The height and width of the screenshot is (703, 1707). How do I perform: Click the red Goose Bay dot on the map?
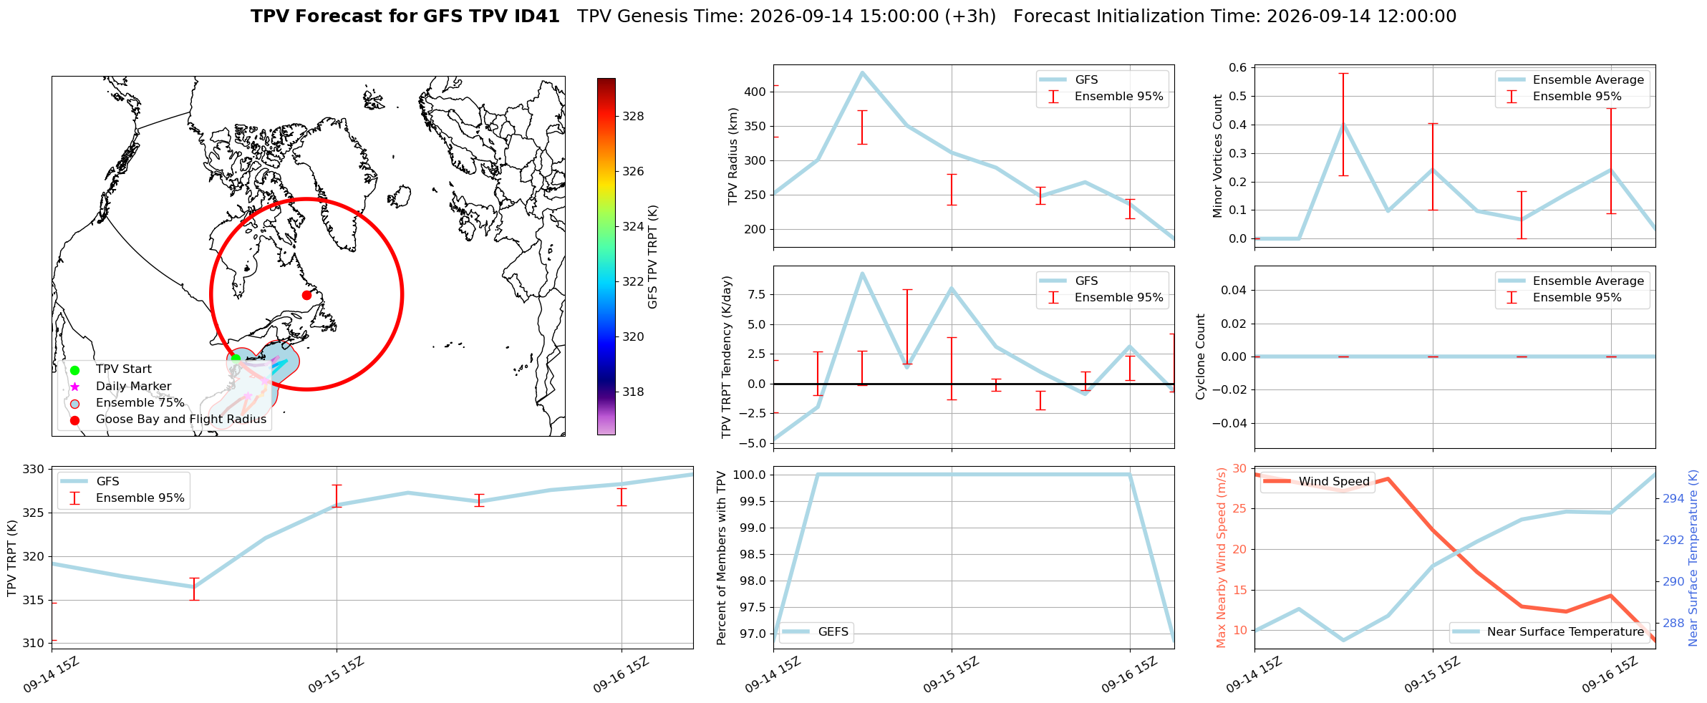306,295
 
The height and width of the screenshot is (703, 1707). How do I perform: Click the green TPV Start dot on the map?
236,358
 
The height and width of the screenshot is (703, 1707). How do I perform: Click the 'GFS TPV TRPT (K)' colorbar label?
652,257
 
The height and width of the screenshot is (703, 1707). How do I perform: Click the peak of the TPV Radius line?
862,72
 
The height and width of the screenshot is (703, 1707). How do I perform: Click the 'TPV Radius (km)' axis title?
732,156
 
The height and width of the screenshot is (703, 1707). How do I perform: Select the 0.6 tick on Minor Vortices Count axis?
1238,67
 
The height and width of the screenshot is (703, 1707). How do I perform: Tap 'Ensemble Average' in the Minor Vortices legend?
1588,80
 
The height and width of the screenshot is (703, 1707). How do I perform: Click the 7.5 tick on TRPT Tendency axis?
757,294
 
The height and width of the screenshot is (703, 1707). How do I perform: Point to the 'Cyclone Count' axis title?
1201,357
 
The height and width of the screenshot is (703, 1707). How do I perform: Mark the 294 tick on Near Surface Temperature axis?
1674,498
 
